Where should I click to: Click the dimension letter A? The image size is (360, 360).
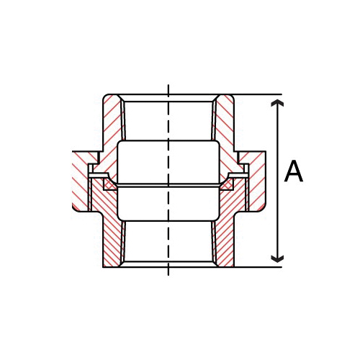(294, 172)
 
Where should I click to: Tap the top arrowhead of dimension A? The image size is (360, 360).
(277, 105)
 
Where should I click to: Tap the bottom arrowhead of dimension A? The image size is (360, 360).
(277, 257)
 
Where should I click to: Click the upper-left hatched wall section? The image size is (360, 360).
(112, 122)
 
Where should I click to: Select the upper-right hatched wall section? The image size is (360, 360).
(225, 122)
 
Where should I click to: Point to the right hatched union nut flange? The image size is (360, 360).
(257, 180)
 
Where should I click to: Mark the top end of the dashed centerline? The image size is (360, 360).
(168, 86)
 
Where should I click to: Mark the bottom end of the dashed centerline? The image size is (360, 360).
(168, 274)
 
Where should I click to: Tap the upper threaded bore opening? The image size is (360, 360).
(168, 119)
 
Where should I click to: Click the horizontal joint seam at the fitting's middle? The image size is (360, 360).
(168, 184)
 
